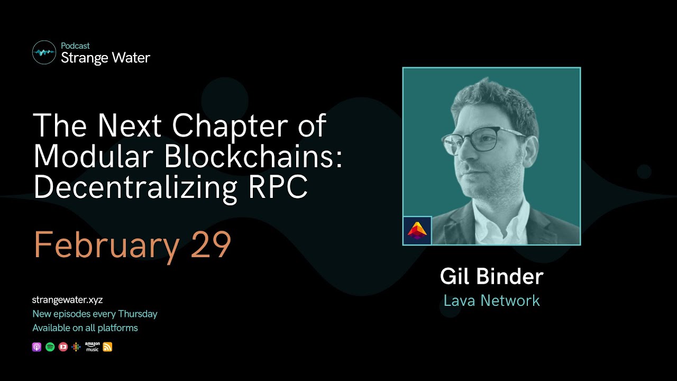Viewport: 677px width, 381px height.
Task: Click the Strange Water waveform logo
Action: pos(44,52)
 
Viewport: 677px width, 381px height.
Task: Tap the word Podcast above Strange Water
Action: pos(75,46)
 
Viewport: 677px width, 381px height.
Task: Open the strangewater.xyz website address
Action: pos(67,300)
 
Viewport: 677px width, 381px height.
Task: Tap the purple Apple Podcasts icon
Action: pos(36,347)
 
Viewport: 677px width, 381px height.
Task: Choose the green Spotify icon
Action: pos(50,347)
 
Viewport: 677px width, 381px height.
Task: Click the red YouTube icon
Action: pos(63,347)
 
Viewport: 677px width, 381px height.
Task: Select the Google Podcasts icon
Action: pos(76,347)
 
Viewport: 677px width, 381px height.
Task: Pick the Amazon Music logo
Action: pos(92,347)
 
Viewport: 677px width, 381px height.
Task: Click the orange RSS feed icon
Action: pos(107,347)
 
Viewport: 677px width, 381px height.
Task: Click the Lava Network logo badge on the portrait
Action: pos(417,231)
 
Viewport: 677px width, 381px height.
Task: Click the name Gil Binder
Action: pos(491,277)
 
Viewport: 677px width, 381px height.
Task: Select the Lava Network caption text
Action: pos(491,301)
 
